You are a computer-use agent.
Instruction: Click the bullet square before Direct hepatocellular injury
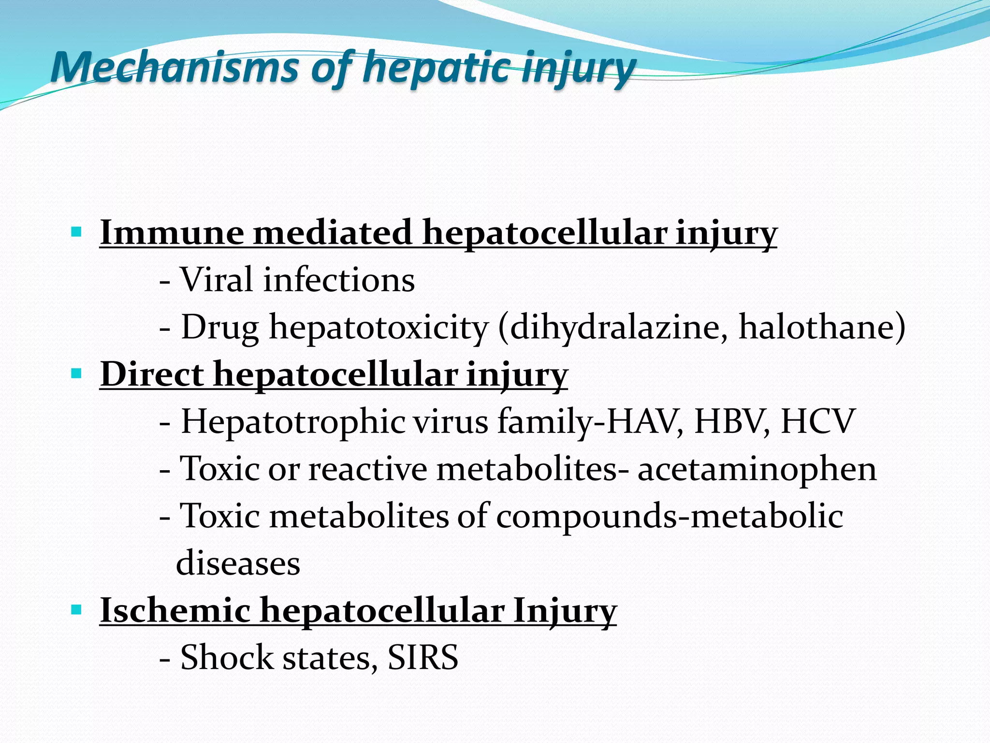click(76, 373)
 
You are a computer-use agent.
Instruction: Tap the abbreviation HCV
click(818, 421)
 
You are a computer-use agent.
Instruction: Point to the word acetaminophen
click(757, 469)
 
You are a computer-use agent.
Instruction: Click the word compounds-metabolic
click(670, 516)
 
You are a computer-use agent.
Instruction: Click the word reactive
click(368, 469)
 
